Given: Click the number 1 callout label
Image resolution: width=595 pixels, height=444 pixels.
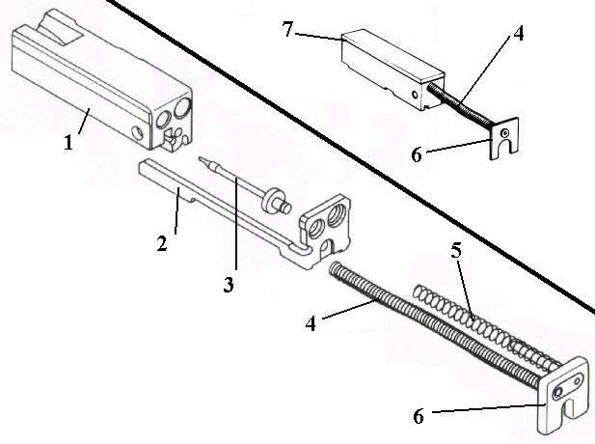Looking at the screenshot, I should tap(68, 144).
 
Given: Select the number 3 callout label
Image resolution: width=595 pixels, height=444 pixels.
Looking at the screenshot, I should tap(229, 285).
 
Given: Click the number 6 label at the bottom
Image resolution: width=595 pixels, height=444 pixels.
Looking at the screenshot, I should tap(418, 417).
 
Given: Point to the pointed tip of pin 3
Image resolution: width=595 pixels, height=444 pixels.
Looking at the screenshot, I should tap(200, 156).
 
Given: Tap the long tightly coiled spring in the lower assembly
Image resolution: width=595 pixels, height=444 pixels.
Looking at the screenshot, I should tap(424, 318).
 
